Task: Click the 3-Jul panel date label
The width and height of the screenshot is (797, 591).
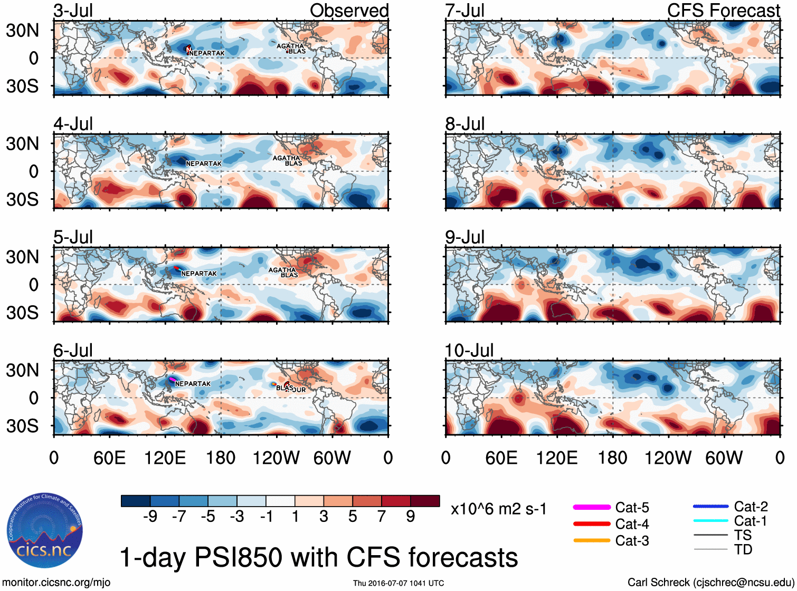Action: click(73, 11)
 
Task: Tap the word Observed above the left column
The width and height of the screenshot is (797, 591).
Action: click(349, 11)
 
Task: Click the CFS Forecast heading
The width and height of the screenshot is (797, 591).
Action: click(723, 11)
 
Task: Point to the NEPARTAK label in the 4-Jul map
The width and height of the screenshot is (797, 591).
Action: click(204, 164)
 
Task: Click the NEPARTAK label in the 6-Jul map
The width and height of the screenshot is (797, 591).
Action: click(193, 384)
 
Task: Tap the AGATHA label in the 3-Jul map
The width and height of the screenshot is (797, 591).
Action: click(290, 46)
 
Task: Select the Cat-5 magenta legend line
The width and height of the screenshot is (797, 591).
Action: click(592, 507)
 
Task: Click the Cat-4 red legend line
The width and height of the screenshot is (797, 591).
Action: click(592, 524)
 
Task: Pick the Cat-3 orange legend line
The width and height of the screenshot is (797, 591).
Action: click(592, 540)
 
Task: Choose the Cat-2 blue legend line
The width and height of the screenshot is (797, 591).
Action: click(710, 507)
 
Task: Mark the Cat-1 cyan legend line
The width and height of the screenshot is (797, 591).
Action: click(710, 521)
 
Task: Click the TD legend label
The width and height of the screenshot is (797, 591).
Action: click(743, 550)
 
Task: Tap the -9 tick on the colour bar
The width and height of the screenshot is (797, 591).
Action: click(150, 517)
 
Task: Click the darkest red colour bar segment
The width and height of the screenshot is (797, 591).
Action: click(425, 501)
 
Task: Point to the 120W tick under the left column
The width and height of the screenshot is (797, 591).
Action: click(276, 458)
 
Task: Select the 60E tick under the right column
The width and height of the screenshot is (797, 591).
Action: click(501, 458)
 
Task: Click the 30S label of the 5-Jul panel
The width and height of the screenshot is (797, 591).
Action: click(23, 313)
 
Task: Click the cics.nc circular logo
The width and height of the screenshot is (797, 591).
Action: click(45, 531)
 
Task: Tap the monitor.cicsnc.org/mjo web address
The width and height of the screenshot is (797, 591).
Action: click(56, 583)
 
